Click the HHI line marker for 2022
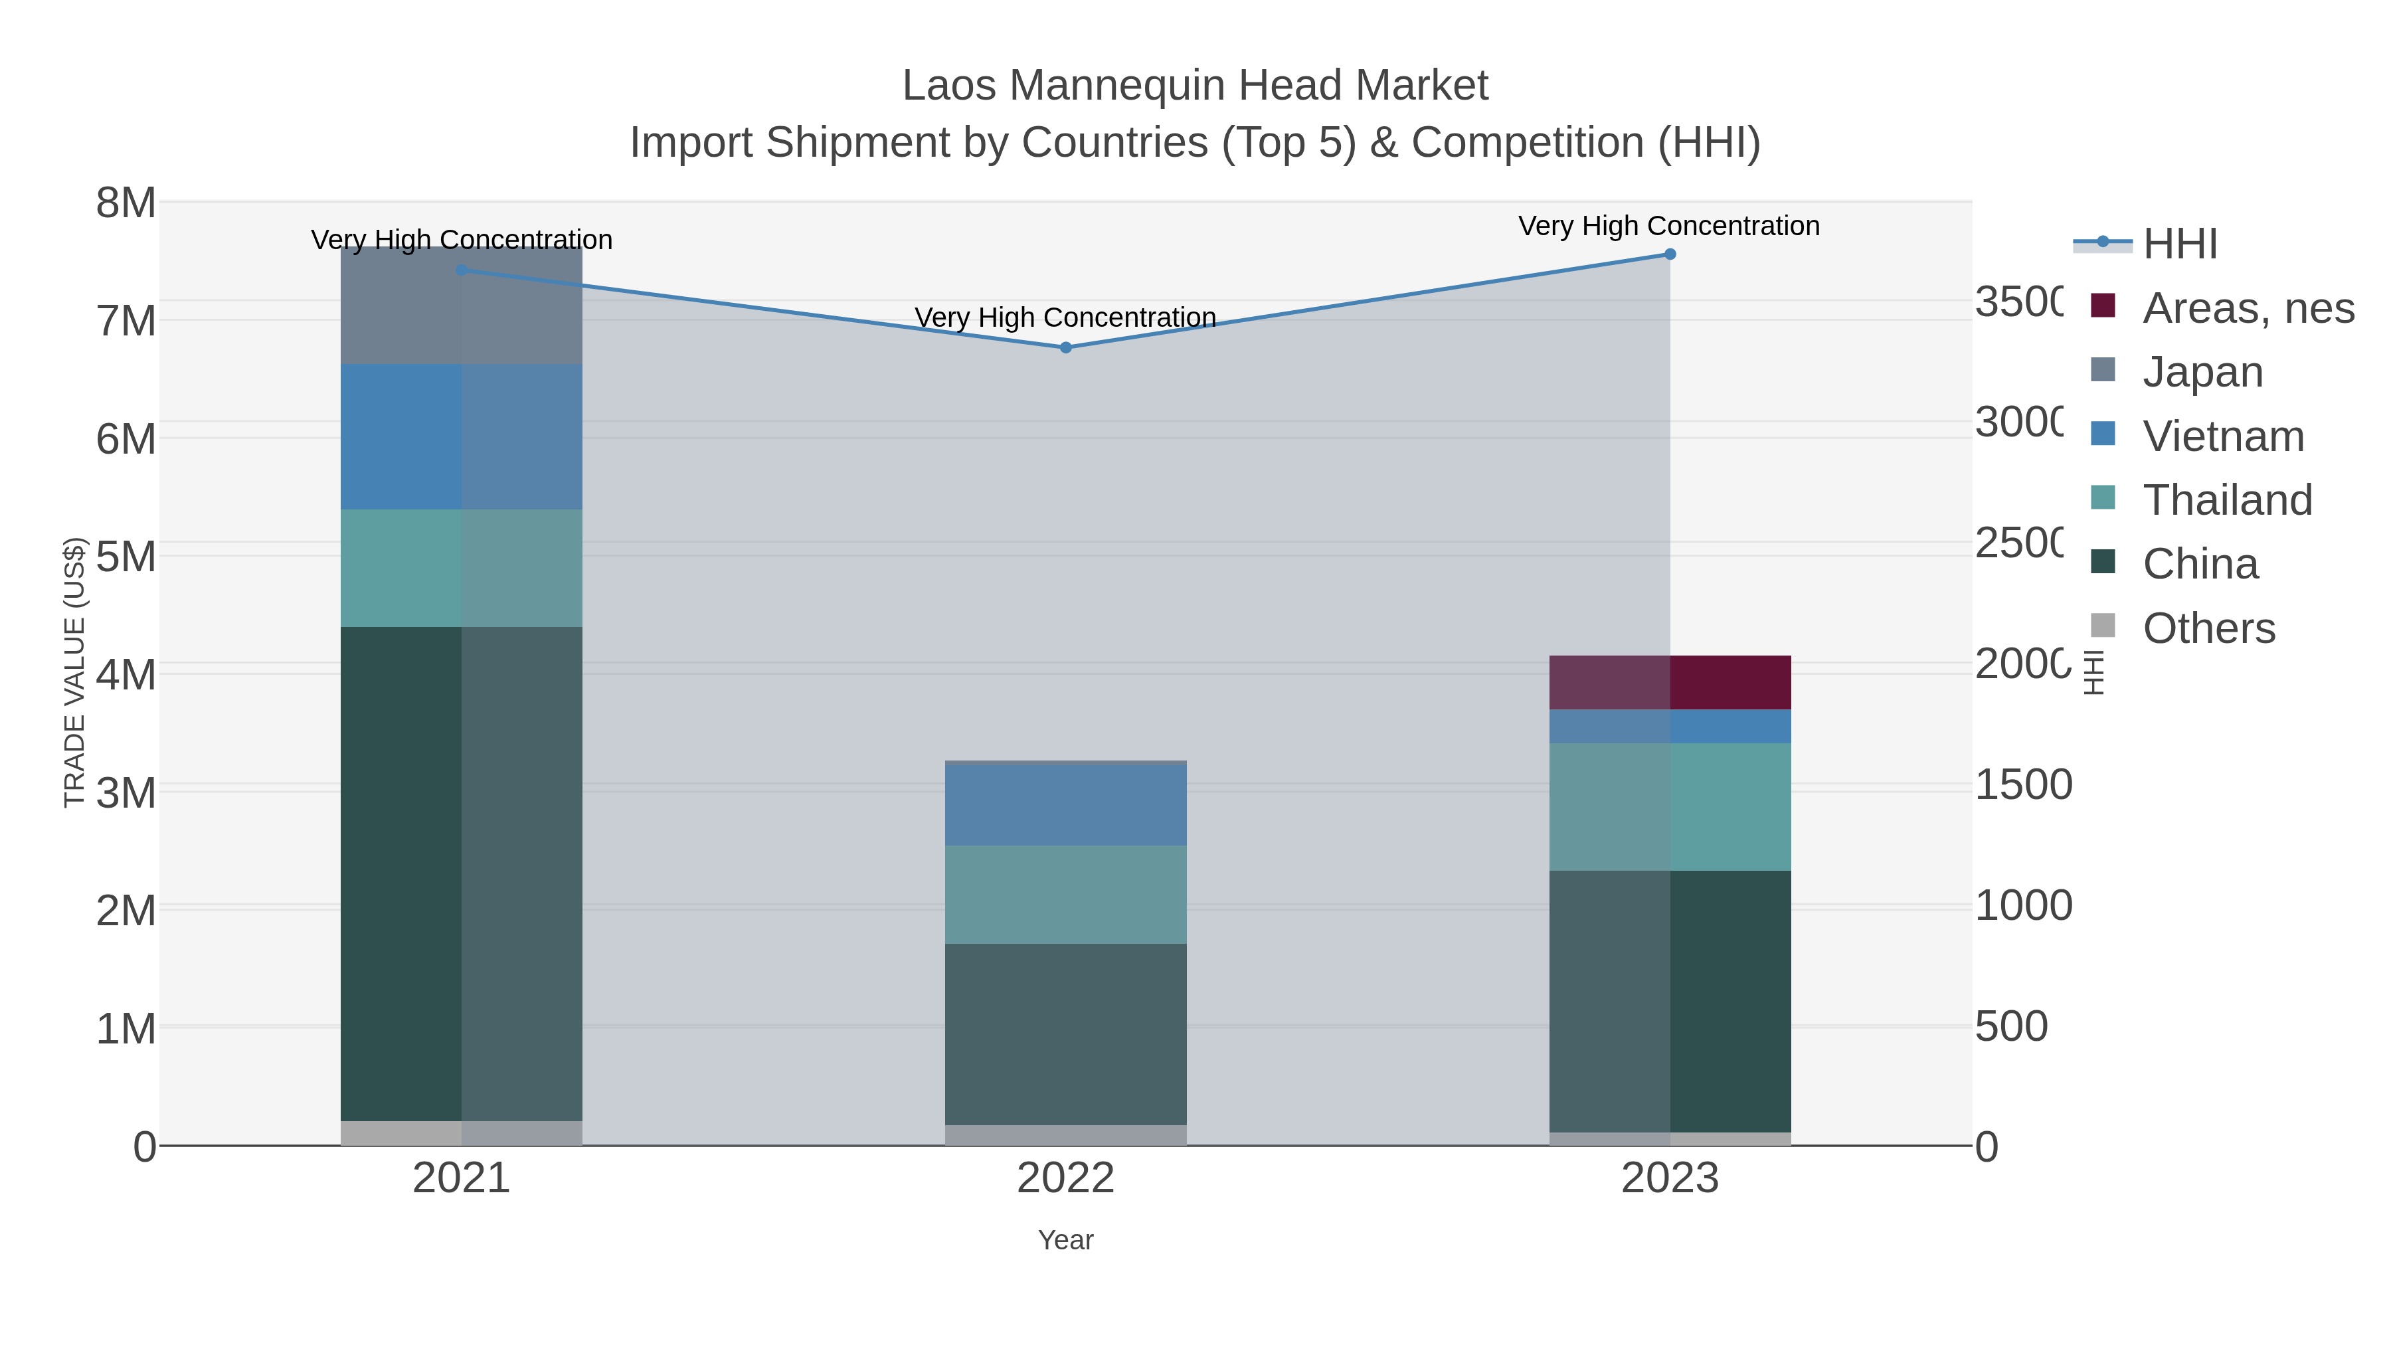[x=1065, y=347]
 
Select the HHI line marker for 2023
[x=1670, y=254]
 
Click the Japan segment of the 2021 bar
[x=462, y=306]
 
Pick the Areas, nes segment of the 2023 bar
[x=1670, y=682]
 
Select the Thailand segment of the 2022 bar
[x=1065, y=894]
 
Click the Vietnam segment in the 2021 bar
[x=462, y=436]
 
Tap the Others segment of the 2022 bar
[x=1065, y=1134]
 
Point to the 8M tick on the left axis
[x=126, y=203]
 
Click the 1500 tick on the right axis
[x=2022, y=784]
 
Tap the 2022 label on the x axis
[x=1065, y=1178]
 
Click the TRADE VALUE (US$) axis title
[x=74, y=672]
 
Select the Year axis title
[x=1065, y=1240]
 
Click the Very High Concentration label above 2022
[x=1065, y=317]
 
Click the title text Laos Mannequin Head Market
[x=1195, y=86]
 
